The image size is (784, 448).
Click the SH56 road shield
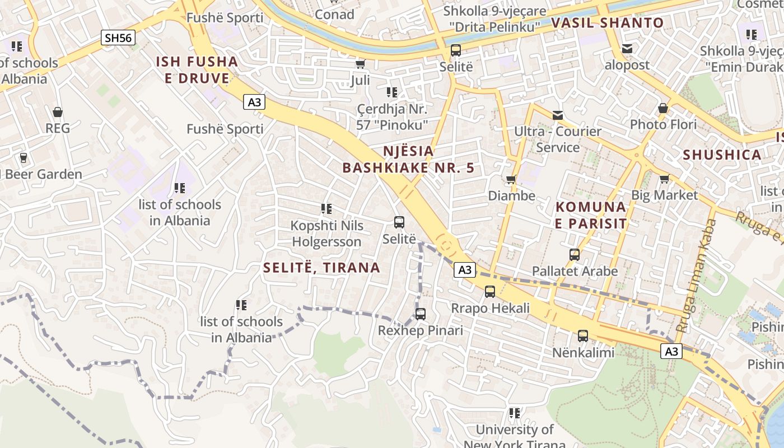point(118,38)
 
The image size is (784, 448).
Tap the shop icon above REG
point(57,112)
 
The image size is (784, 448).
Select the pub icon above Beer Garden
point(23,158)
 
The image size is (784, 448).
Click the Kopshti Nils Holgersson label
point(326,234)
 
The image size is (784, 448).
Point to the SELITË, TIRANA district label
point(322,268)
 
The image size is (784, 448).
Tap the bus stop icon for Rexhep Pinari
point(421,314)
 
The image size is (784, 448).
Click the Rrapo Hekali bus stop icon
point(490,292)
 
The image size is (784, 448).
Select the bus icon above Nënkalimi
point(583,336)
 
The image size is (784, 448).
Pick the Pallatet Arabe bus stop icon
point(575,255)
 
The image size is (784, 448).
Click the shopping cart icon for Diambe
point(511,180)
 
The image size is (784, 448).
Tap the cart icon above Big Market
point(664,179)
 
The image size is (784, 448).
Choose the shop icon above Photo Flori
point(663,108)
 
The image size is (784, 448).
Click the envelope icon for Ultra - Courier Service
point(558,115)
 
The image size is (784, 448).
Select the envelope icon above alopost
point(627,49)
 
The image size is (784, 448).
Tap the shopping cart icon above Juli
point(360,64)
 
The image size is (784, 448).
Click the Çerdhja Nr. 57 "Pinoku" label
point(392,116)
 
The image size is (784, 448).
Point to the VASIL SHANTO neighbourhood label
point(608,23)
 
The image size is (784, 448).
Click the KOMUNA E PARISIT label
point(591,215)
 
